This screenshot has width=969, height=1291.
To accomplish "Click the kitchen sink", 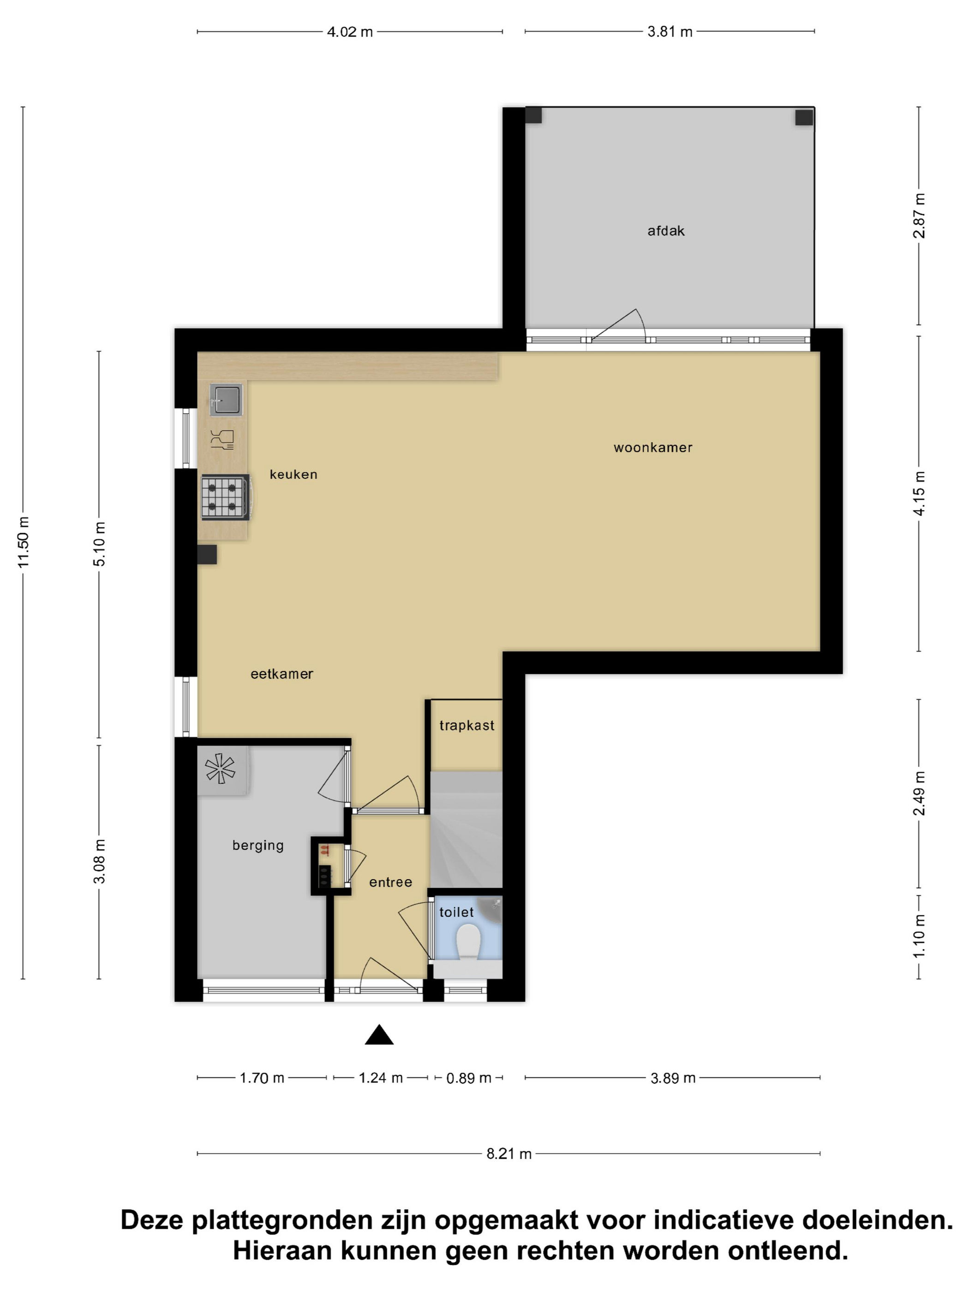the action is [x=226, y=400].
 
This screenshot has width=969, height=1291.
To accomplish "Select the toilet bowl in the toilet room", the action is [x=467, y=942].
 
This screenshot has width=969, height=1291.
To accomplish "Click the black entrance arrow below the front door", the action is [x=379, y=1034].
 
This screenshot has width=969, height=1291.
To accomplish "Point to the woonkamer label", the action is [x=652, y=448].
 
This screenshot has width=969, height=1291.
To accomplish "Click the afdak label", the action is [x=666, y=231].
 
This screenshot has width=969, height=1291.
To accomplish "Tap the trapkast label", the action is [x=467, y=725].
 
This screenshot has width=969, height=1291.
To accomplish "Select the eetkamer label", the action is [x=281, y=674].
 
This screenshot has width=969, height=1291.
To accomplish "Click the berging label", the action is [x=257, y=846].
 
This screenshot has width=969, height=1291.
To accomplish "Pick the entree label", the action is [x=390, y=882].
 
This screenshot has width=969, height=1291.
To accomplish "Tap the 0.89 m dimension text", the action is [x=468, y=1078].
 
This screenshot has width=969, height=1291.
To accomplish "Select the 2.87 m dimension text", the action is [x=919, y=216].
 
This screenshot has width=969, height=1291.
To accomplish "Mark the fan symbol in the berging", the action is [x=220, y=769].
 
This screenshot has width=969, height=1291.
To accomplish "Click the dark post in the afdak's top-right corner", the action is [x=804, y=117].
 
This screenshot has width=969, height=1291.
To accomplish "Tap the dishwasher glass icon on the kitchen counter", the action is [x=222, y=439].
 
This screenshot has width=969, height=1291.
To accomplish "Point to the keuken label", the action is [x=293, y=474].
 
